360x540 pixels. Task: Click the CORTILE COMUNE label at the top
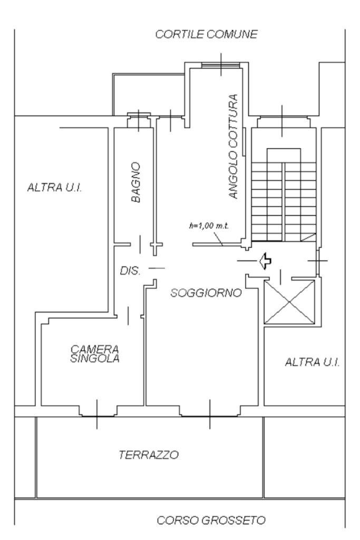(206, 35)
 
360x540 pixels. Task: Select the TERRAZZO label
(148, 454)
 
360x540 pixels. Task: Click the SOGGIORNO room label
(206, 293)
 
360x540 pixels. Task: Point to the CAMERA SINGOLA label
(95, 354)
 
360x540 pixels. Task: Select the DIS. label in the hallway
(129, 272)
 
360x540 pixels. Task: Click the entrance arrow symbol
(265, 260)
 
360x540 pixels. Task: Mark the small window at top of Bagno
(139, 115)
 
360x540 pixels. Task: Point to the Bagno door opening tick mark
(139, 244)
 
